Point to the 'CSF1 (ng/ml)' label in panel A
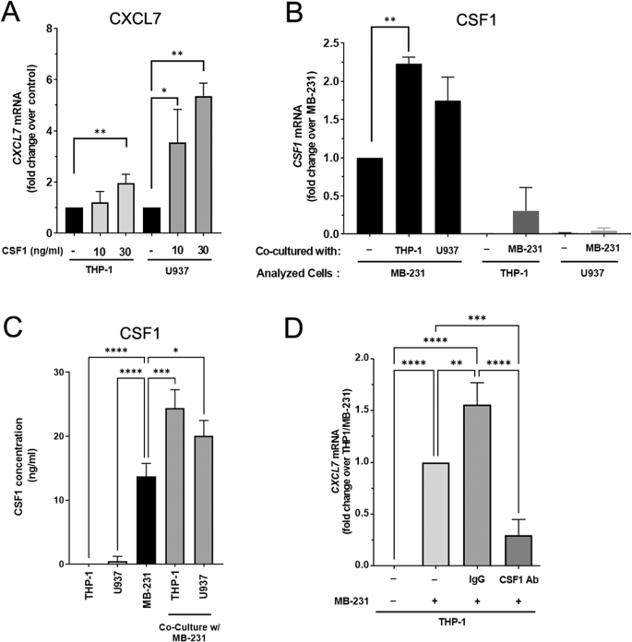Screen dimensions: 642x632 pos(36,247)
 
